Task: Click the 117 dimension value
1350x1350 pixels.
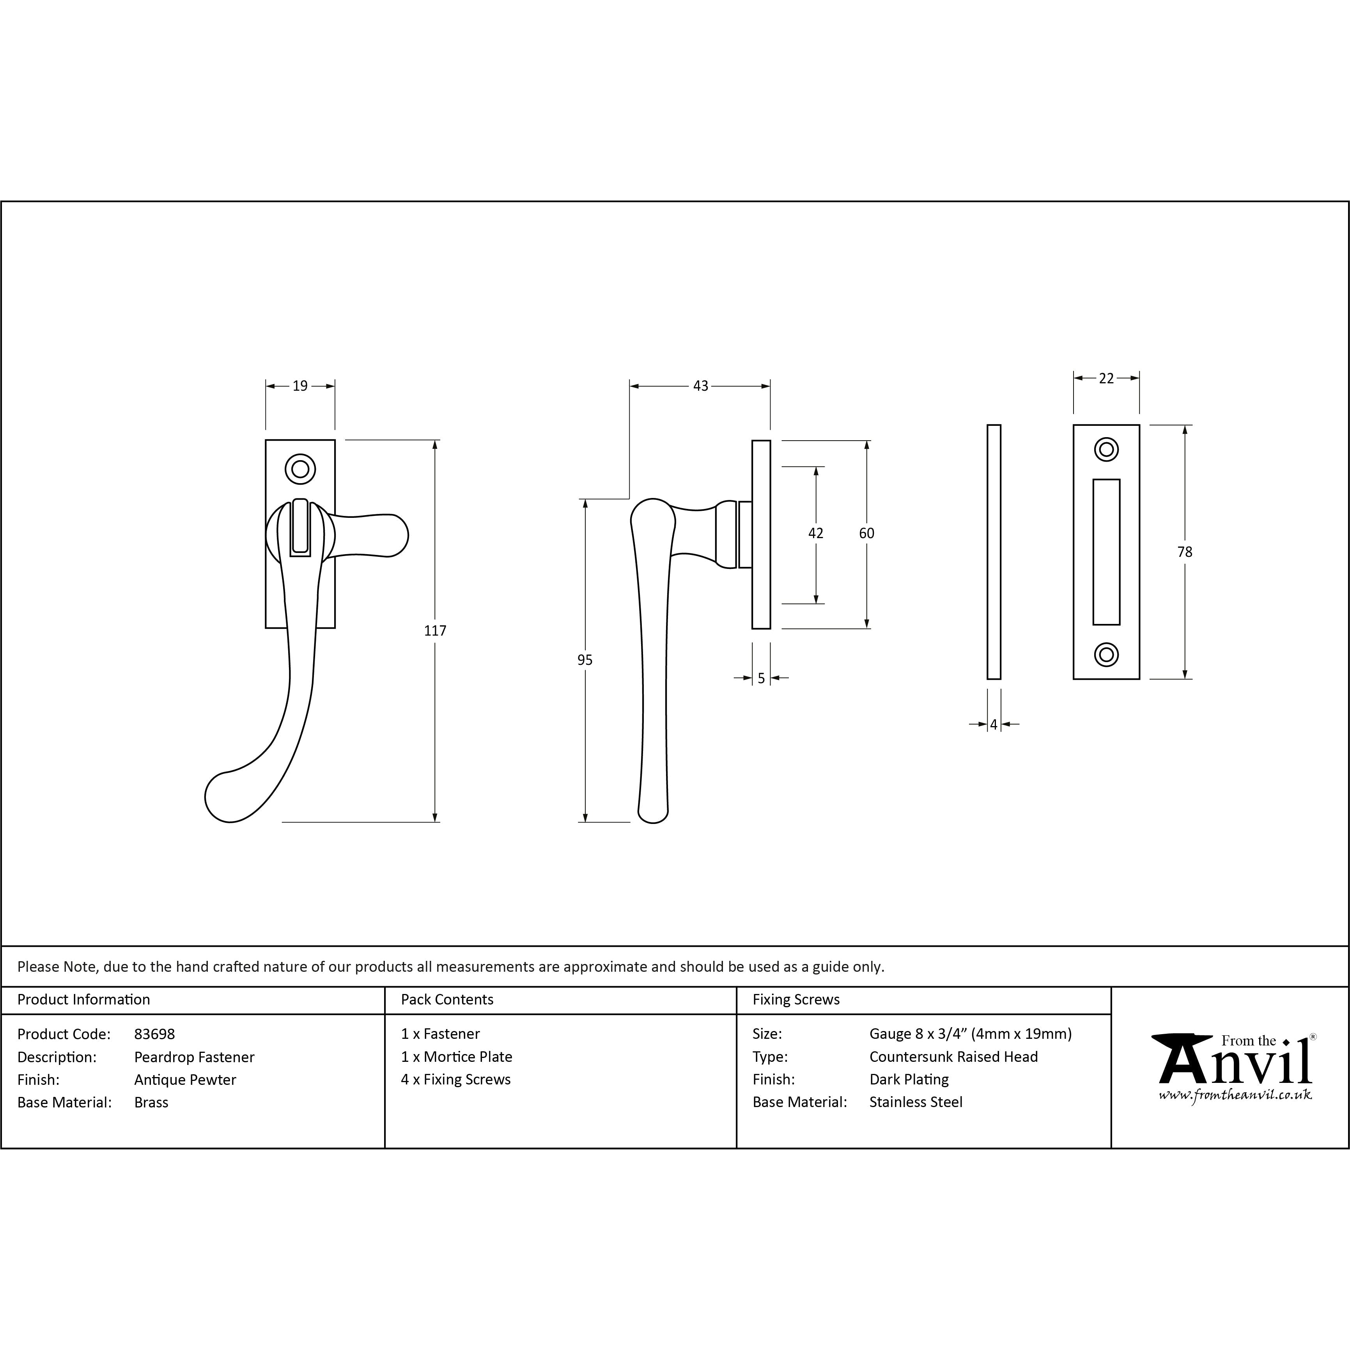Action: [x=435, y=630]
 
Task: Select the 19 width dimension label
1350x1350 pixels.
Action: [x=300, y=386]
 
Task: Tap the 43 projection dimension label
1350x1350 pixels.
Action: [x=700, y=386]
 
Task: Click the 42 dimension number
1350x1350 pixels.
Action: [x=815, y=533]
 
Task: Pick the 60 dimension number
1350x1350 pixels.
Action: [x=866, y=533]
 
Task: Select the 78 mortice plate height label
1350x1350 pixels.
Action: [x=1184, y=552]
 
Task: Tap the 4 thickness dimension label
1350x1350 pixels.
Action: [x=994, y=725]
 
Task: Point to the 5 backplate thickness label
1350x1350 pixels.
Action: [x=761, y=678]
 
